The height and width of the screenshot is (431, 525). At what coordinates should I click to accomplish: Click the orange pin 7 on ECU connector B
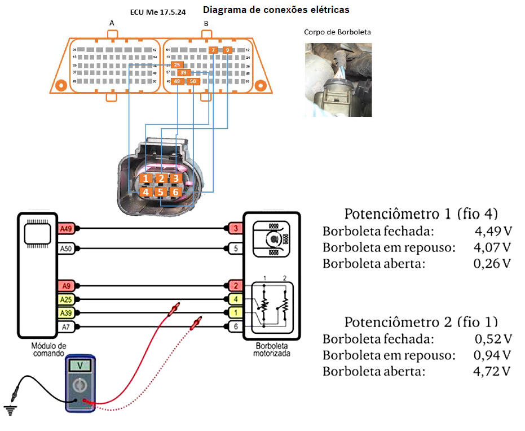click(x=213, y=50)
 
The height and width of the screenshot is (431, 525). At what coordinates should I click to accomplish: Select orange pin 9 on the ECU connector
click(x=227, y=50)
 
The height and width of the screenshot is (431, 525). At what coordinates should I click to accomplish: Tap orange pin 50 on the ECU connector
click(x=193, y=81)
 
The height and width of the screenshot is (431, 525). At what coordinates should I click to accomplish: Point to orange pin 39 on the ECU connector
click(x=183, y=73)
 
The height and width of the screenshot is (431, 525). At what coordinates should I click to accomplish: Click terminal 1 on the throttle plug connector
click(x=146, y=179)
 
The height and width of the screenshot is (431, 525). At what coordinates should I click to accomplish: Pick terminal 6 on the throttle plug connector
click(x=176, y=192)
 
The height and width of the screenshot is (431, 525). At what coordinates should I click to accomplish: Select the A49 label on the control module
click(x=66, y=229)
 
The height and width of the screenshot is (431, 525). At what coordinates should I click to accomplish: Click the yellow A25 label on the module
click(x=66, y=299)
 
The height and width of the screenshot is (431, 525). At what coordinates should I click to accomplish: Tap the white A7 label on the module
click(x=66, y=326)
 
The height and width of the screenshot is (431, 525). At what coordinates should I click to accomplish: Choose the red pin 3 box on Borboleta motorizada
click(x=234, y=229)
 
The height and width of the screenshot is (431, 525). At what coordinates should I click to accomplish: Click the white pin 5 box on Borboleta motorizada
click(x=234, y=248)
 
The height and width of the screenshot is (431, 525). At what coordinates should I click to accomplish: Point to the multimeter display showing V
click(x=80, y=365)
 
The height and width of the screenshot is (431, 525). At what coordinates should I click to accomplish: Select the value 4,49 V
click(x=493, y=232)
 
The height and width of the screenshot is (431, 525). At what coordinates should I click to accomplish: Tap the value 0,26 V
click(x=493, y=263)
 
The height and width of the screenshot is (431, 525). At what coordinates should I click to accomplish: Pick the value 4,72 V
click(x=493, y=371)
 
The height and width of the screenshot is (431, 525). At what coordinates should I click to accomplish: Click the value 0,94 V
click(x=493, y=355)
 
